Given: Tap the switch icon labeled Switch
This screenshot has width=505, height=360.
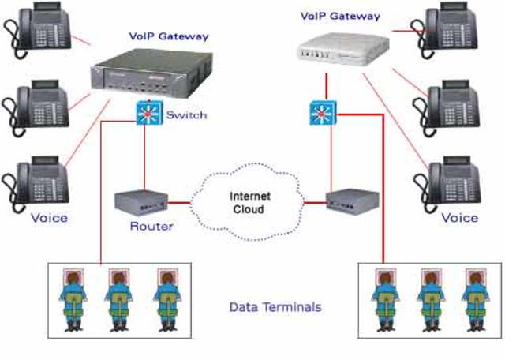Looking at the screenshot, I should (x=146, y=114).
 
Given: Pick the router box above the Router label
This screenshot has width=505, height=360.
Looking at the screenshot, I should (x=140, y=202).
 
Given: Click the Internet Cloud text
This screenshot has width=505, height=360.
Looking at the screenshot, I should (x=246, y=203).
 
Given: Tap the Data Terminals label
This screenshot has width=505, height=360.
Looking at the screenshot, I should (x=275, y=306).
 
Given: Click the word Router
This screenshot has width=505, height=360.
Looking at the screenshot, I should (x=152, y=227).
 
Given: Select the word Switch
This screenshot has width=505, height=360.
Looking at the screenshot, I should (x=186, y=115).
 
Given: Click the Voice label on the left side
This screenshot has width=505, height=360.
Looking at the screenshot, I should (x=48, y=216).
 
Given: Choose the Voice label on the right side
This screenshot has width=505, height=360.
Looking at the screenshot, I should (x=459, y=216).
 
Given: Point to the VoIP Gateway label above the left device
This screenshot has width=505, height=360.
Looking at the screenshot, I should (x=169, y=36).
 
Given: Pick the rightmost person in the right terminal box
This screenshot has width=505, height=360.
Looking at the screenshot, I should (x=473, y=300).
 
